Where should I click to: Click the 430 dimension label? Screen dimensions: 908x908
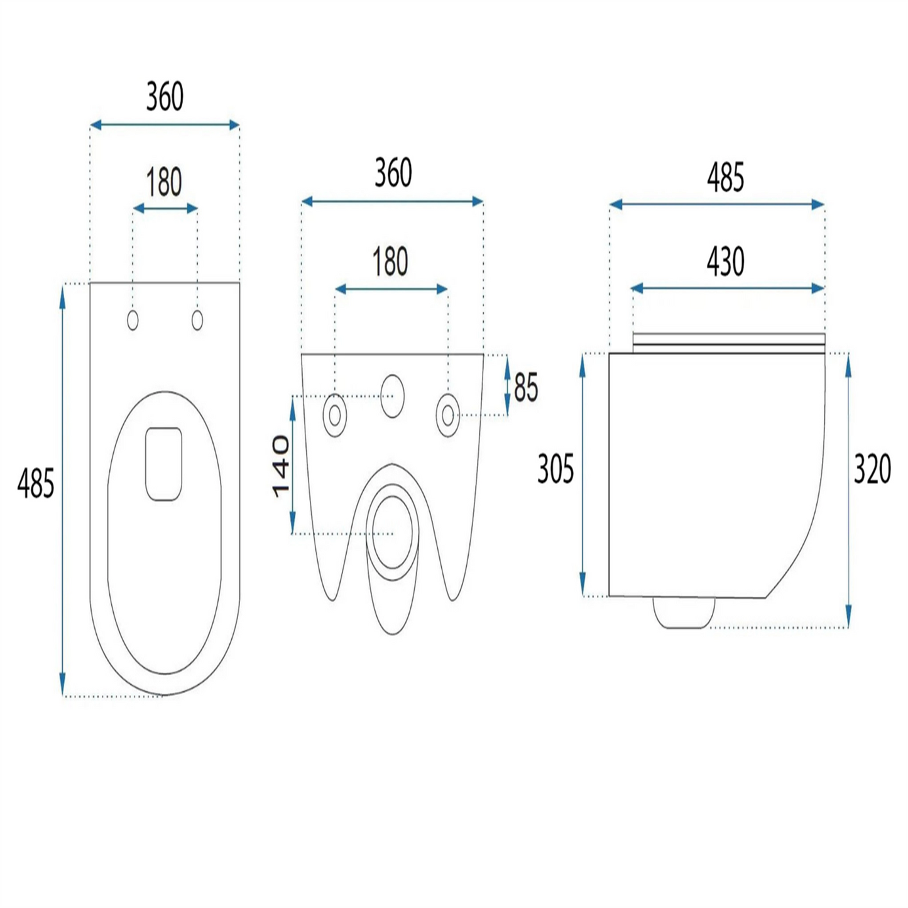point(725,262)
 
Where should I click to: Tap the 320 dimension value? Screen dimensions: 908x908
point(872,469)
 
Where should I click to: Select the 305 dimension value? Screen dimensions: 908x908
point(555,469)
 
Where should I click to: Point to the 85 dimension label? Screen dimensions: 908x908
point(526,387)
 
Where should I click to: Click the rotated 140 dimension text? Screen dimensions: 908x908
point(281,466)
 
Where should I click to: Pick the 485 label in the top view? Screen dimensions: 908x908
point(36,483)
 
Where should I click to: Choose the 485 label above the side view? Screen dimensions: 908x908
point(725,178)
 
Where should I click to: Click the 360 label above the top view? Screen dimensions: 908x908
point(165,97)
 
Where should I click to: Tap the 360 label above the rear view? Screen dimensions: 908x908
point(393,172)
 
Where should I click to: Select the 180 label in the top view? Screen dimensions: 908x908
point(163,182)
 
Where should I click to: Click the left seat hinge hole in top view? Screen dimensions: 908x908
point(133,320)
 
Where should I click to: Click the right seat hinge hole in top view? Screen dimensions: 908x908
point(197,320)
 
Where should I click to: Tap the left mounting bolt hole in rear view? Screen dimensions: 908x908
point(335,415)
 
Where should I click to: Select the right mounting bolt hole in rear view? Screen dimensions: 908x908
point(448,415)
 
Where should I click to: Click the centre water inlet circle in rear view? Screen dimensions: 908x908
point(392,396)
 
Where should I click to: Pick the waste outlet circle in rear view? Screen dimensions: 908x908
point(392,532)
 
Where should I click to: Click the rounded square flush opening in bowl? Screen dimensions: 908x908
point(163,464)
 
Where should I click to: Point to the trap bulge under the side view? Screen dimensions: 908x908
point(684,613)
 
